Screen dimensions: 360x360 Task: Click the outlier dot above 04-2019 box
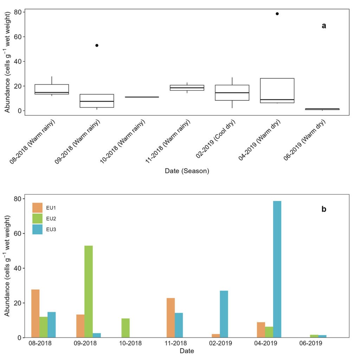(x=277, y=14)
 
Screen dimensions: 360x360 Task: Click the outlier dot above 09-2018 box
(x=97, y=45)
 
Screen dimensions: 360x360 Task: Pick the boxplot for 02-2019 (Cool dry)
(x=232, y=92)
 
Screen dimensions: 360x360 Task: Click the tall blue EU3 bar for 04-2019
(x=277, y=269)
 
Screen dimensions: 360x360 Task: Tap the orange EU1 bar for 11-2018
(x=171, y=318)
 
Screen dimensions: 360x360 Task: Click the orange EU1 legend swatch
(x=37, y=207)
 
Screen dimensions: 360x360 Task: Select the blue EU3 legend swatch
(x=37, y=229)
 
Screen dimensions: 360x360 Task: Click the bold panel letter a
(x=324, y=26)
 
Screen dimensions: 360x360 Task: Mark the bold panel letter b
(x=324, y=209)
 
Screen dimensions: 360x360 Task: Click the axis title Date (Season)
(x=187, y=171)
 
